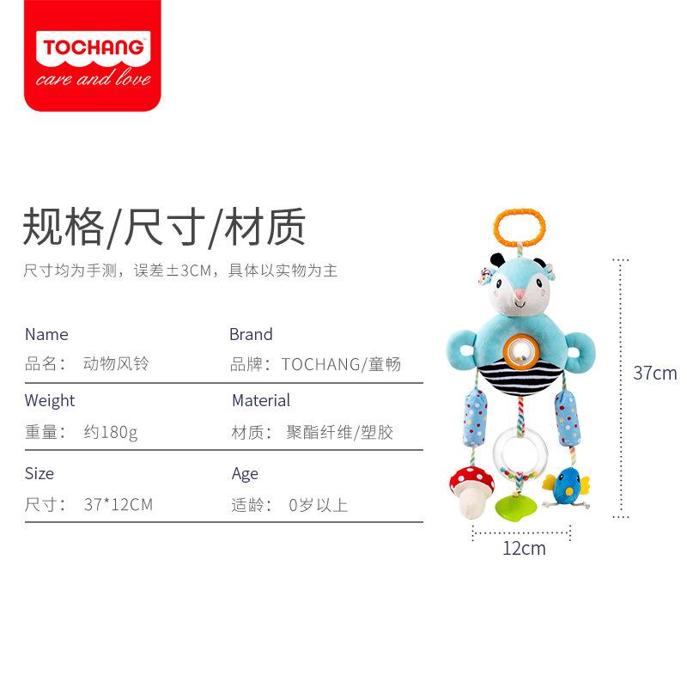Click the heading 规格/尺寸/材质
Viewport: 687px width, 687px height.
(164, 227)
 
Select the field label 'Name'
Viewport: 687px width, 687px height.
(46, 334)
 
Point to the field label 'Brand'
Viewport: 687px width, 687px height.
(251, 334)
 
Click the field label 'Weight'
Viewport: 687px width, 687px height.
(50, 400)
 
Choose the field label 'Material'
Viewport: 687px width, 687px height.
(261, 400)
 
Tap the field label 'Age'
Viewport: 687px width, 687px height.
(245, 473)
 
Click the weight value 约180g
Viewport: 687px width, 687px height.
(111, 432)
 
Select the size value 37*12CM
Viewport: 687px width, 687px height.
(119, 505)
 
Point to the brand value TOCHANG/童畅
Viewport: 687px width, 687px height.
(341, 365)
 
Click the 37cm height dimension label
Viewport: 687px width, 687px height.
(654, 373)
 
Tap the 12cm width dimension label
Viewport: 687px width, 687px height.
(524, 548)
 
